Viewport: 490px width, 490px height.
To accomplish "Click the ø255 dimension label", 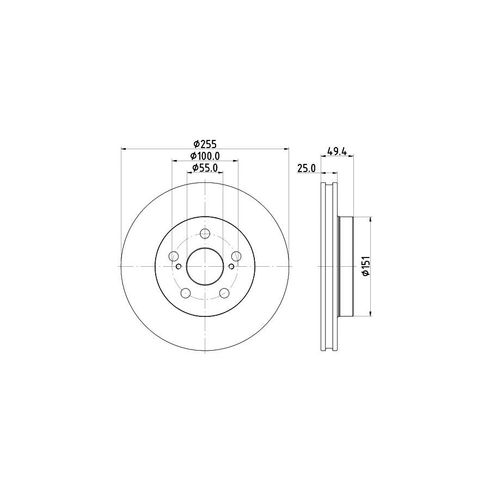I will coord(205,144).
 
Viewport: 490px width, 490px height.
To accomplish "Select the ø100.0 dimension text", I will coord(205,157).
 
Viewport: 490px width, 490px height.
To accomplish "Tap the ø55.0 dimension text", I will coord(205,169).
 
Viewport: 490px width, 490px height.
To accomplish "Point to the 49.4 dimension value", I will coord(338,151).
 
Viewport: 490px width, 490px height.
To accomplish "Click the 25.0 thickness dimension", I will coord(307,169).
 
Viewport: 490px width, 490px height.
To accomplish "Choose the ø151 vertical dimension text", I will coord(366,266).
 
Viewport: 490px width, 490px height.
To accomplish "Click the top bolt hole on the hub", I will coord(205,234).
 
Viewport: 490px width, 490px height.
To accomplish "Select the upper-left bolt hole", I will coord(174,256).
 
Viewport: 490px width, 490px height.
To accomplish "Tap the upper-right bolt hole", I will coord(236,256).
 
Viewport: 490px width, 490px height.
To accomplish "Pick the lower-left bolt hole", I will coord(186,293).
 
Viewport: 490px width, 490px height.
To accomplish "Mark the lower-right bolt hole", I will coord(224,293).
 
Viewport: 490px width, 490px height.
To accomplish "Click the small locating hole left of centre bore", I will coord(179,266).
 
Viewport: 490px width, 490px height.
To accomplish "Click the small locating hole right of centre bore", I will coord(231,266).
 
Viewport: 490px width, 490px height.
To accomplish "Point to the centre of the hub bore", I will coord(205,266).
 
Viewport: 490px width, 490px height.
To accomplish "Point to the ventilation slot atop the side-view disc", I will coord(328,188).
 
